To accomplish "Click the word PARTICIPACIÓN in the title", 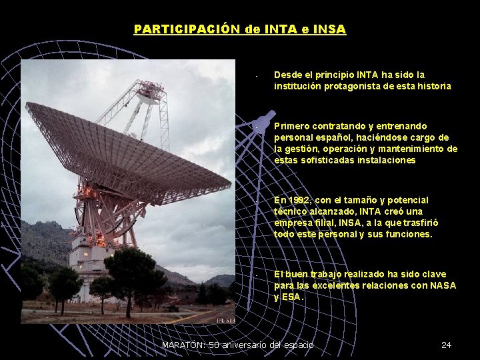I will point(177,29).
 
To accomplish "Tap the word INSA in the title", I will point(331,29).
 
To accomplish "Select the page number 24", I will point(446,345).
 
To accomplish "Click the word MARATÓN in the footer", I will point(183,345).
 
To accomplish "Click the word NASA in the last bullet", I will point(443,285).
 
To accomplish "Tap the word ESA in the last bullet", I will point(291,297).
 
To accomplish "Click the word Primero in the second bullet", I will point(291,126).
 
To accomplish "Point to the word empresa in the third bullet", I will point(293,223).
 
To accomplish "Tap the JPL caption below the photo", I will point(226,321).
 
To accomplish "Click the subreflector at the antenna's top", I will point(150,94).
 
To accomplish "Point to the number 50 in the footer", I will point(215,345).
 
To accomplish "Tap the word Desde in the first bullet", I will point(288,75).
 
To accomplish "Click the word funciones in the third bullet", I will point(409,234).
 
